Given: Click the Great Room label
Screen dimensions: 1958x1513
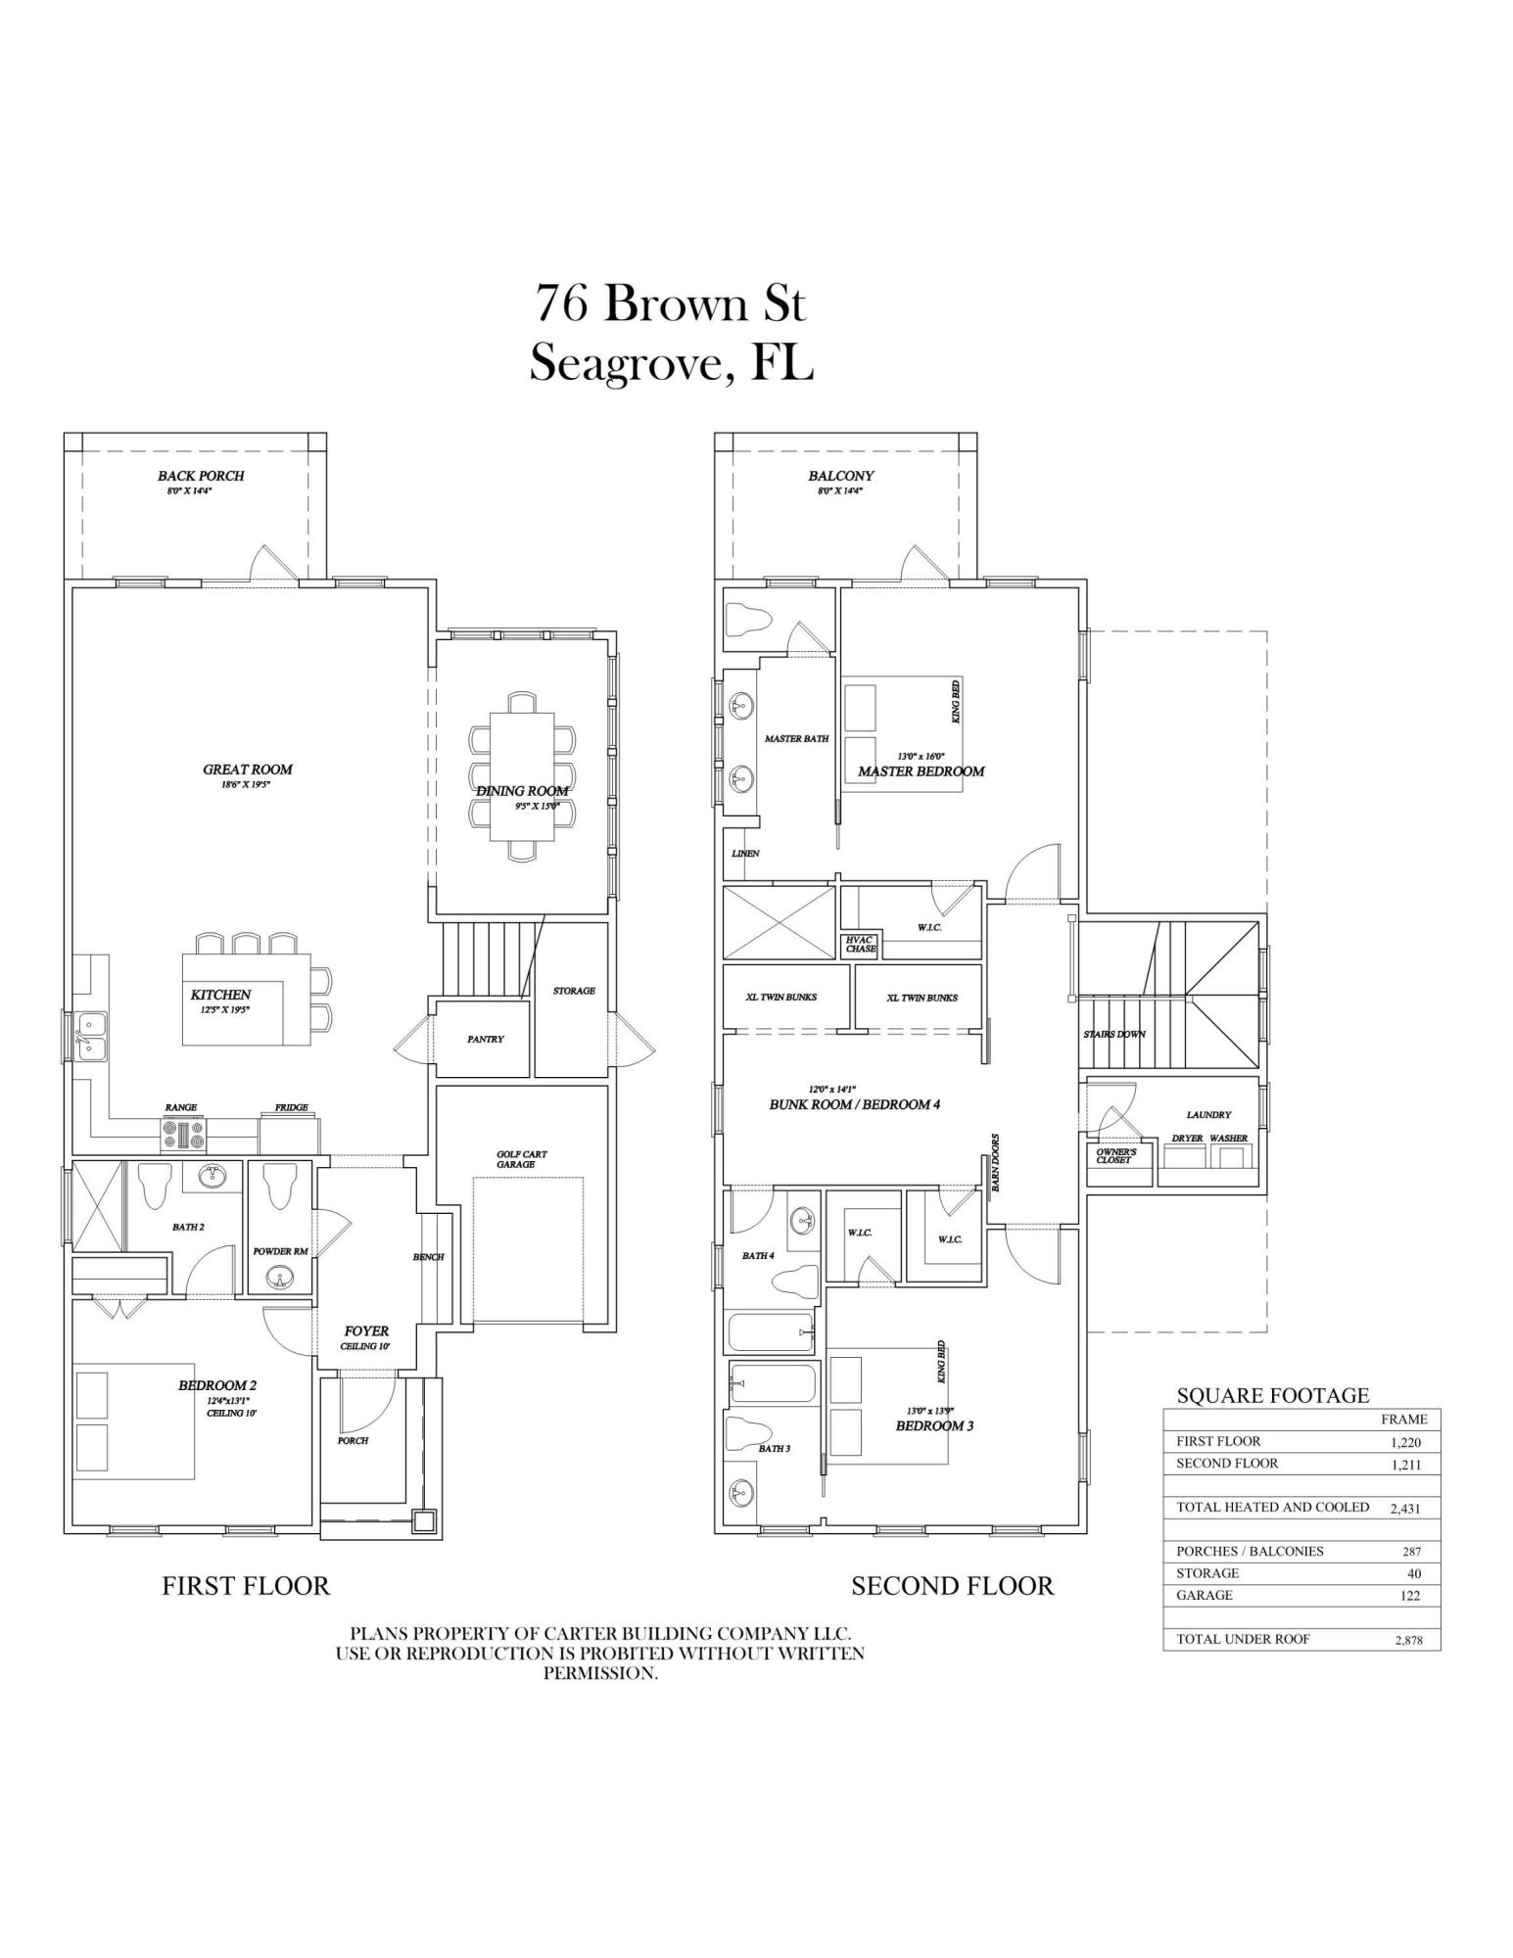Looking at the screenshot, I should (248, 769).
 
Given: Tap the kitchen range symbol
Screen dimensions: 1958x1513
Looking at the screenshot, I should (183, 1136).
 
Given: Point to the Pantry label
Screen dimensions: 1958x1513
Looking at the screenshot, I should (485, 1039).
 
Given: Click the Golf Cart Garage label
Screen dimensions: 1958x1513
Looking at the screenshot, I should (521, 1159).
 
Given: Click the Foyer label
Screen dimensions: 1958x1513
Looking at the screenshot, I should (366, 1331).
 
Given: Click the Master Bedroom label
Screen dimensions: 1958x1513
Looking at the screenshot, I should (921, 771).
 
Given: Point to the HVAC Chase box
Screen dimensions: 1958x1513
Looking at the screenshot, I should (860, 945).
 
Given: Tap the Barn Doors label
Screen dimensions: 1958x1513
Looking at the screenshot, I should (995, 1162).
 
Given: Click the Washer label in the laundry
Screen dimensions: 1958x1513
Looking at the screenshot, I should (1228, 1139).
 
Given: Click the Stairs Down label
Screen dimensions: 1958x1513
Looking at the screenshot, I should (1113, 1034).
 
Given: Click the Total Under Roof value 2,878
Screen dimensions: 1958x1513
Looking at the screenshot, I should (1408, 1641).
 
